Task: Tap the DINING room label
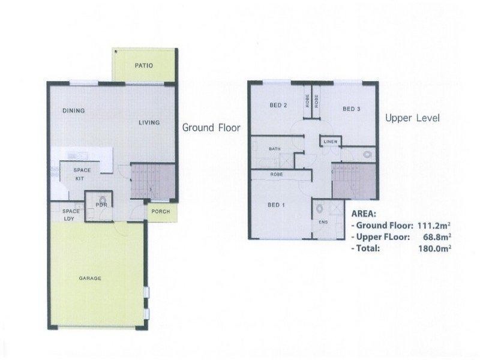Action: pos(73,110)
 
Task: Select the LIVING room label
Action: pos(149,122)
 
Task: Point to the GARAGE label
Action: pos(89,278)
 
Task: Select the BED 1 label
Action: pos(275,205)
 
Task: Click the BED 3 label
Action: pos(351,109)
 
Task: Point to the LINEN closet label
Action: pos(331,142)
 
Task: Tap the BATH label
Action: pos(275,149)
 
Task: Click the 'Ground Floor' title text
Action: pos(211,127)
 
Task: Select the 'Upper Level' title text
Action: pos(412,118)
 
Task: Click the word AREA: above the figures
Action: pos(363,213)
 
